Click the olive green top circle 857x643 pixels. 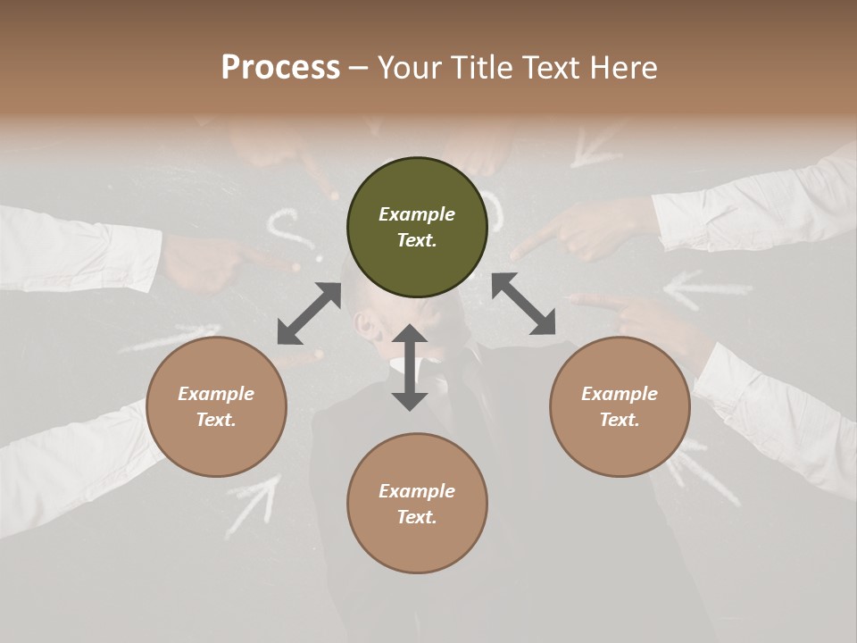point(417,228)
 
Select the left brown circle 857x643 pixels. point(216,407)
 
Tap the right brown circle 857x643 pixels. point(620,407)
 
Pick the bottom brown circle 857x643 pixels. point(417,504)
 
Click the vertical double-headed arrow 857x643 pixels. point(410,367)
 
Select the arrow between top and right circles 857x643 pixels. point(523,304)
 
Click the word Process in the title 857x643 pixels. point(280,67)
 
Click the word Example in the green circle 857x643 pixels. point(417,214)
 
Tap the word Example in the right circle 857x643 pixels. point(620,394)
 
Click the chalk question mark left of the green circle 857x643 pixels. point(286,228)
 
